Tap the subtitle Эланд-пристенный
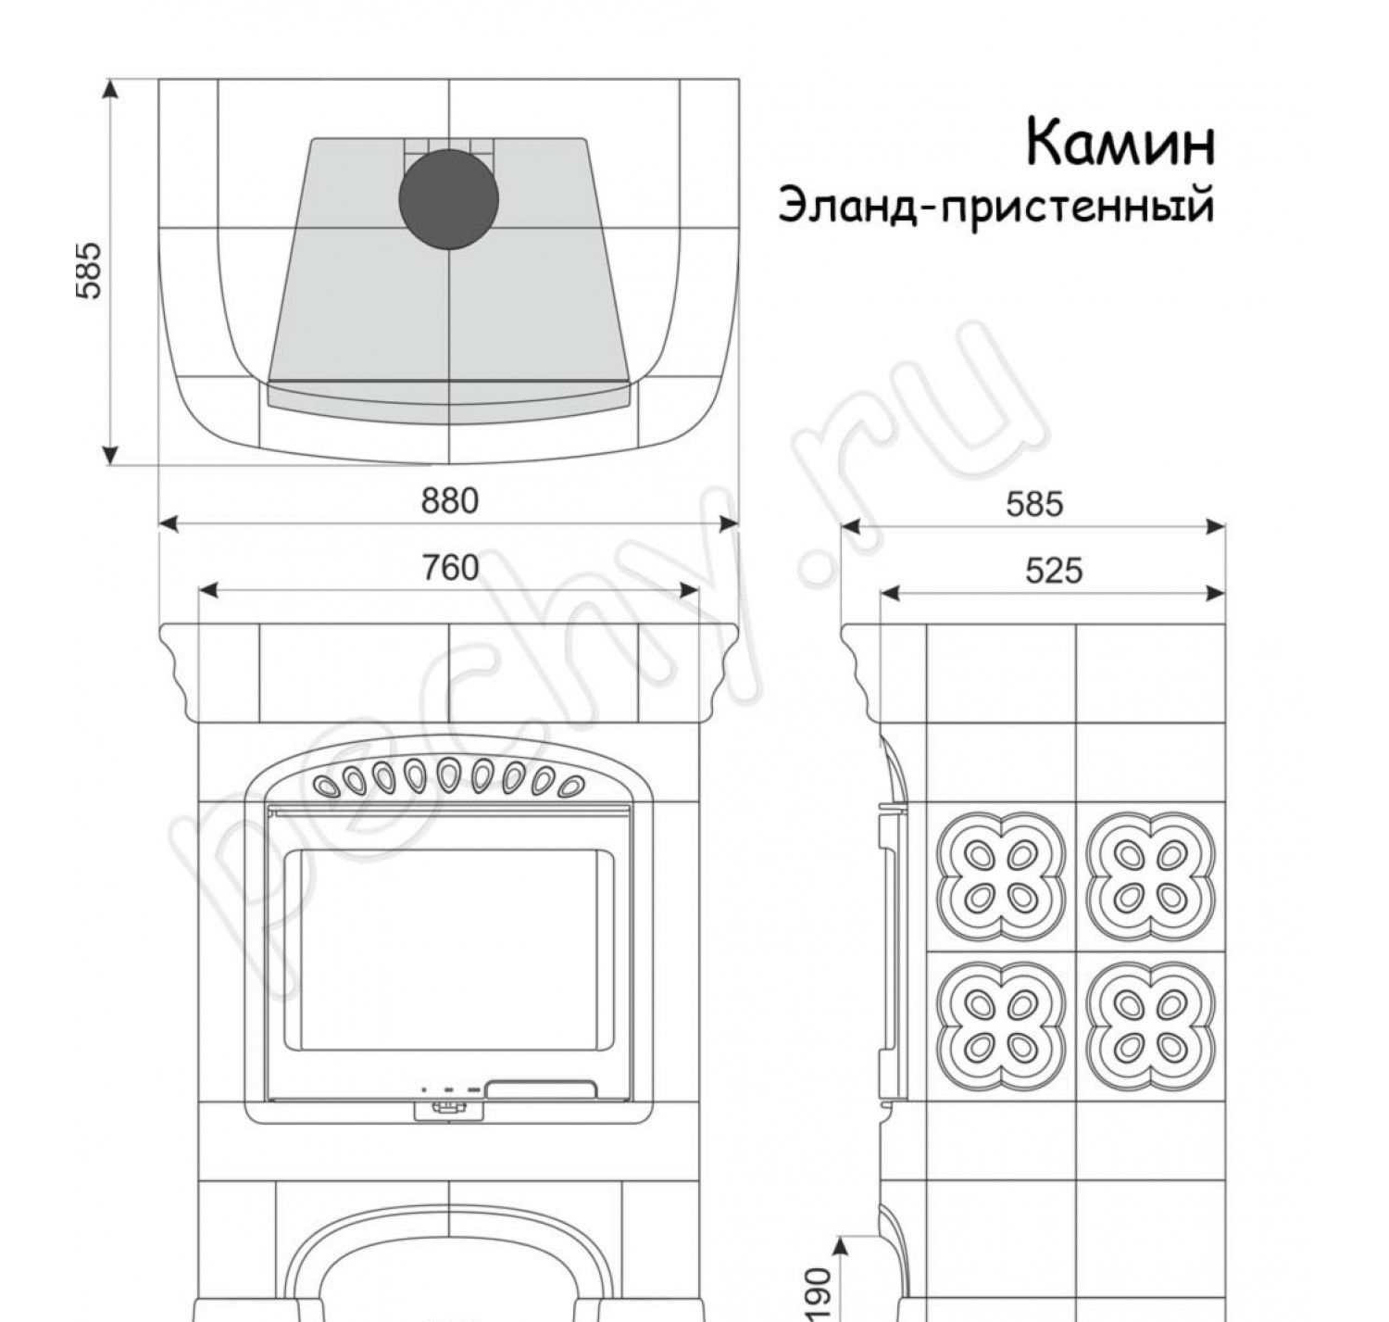(x=995, y=206)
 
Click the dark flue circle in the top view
(x=449, y=199)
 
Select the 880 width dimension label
(x=450, y=501)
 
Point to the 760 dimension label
(x=450, y=568)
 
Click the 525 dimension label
(x=1053, y=571)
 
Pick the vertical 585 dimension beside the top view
(x=89, y=271)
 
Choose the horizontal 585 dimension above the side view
(x=1034, y=504)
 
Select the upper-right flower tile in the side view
(x=1150, y=875)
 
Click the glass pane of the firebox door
(x=449, y=950)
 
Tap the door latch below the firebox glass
(x=448, y=1108)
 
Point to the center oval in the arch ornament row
(x=449, y=774)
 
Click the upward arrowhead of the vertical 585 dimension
(x=110, y=88)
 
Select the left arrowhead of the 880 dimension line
(x=168, y=524)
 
